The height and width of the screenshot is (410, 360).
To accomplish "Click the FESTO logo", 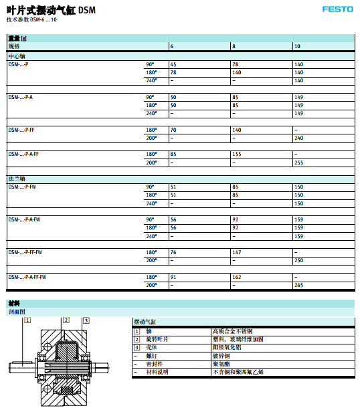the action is pyautogui.click(x=337, y=9).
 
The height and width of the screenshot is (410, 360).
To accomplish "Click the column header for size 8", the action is pyautogui.click(x=234, y=46).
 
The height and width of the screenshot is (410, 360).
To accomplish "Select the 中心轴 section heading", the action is pyautogui.click(x=17, y=56).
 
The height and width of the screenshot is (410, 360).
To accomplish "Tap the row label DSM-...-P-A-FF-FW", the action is pyautogui.click(x=27, y=277).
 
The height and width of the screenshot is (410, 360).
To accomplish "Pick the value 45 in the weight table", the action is pyautogui.click(x=173, y=64).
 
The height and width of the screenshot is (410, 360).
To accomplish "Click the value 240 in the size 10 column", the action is pyautogui.click(x=298, y=138).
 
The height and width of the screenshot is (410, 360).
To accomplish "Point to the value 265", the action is pyautogui.click(x=298, y=285).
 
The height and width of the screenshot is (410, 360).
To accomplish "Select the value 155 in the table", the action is pyautogui.click(x=236, y=154).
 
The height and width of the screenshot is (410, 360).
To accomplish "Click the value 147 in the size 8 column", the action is pyautogui.click(x=236, y=252).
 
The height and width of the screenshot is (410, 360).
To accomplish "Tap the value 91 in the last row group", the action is pyautogui.click(x=173, y=277).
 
